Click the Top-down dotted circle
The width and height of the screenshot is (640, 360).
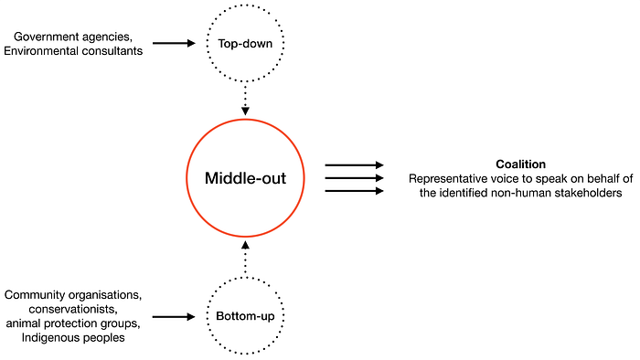(245, 43)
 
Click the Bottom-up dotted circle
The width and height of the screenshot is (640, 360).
(245, 317)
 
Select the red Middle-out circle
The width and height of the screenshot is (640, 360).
(245, 178)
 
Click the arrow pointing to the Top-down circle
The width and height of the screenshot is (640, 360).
(174, 43)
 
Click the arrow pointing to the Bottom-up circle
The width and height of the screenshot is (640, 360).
(174, 317)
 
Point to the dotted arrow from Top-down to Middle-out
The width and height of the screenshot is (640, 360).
(245, 97)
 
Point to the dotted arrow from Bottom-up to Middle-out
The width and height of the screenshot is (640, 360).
(245, 259)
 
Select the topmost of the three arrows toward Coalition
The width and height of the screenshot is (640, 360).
(354, 165)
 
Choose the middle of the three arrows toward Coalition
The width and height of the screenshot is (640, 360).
(354, 178)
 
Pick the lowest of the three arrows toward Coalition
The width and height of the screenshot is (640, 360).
(354, 191)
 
